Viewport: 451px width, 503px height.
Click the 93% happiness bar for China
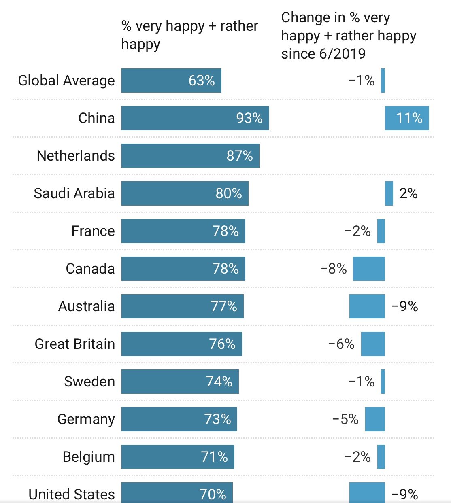point(195,118)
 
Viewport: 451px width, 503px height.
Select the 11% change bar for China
point(407,118)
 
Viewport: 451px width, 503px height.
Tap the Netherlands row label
point(76,156)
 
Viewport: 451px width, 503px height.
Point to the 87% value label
point(239,156)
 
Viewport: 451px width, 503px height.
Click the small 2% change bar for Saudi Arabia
point(389,193)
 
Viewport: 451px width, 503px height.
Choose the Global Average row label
point(66,81)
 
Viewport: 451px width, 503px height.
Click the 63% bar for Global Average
point(171,81)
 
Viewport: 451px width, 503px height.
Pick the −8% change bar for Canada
point(369,269)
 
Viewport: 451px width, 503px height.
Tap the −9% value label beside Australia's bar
point(405,306)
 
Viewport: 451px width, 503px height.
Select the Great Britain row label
point(75,344)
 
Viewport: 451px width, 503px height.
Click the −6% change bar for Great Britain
point(373,344)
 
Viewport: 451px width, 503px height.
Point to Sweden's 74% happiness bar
point(180,381)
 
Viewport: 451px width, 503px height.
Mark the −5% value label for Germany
point(345,419)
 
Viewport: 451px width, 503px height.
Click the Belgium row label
point(89,457)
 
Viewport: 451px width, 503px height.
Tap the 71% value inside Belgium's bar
point(214,457)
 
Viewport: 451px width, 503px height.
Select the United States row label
point(72,494)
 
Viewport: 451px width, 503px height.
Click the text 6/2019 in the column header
point(343,54)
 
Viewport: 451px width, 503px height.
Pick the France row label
point(93,231)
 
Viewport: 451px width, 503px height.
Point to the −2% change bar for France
point(381,231)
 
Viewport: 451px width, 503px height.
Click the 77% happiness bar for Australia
point(183,306)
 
